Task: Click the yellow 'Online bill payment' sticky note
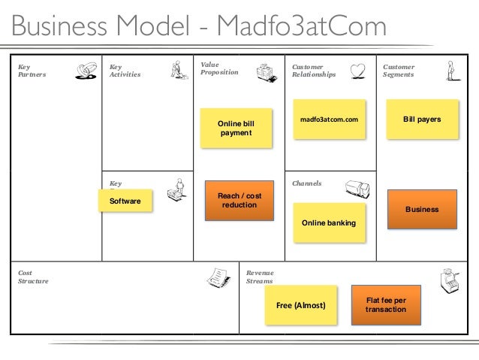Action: (x=236, y=128)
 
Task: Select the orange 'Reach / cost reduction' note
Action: (x=239, y=201)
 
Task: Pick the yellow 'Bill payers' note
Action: (x=422, y=120)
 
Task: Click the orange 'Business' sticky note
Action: (x=422, y=210)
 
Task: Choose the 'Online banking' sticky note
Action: (x=329, y=224)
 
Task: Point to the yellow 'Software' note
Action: (x=125, y=201)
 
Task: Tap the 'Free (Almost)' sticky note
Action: (x=301, y=306)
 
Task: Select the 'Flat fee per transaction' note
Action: (x=386, y=304)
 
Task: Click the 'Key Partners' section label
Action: (x=32, y=71)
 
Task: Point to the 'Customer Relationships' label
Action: (x=314, y=71)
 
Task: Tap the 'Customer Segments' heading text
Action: (x=399, y=71)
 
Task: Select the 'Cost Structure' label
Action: (x=32, y=277)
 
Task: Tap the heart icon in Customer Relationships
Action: (x=360, y=70)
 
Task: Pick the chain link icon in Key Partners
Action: (x=86, y=71)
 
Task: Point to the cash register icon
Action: (x=452, y=280)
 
